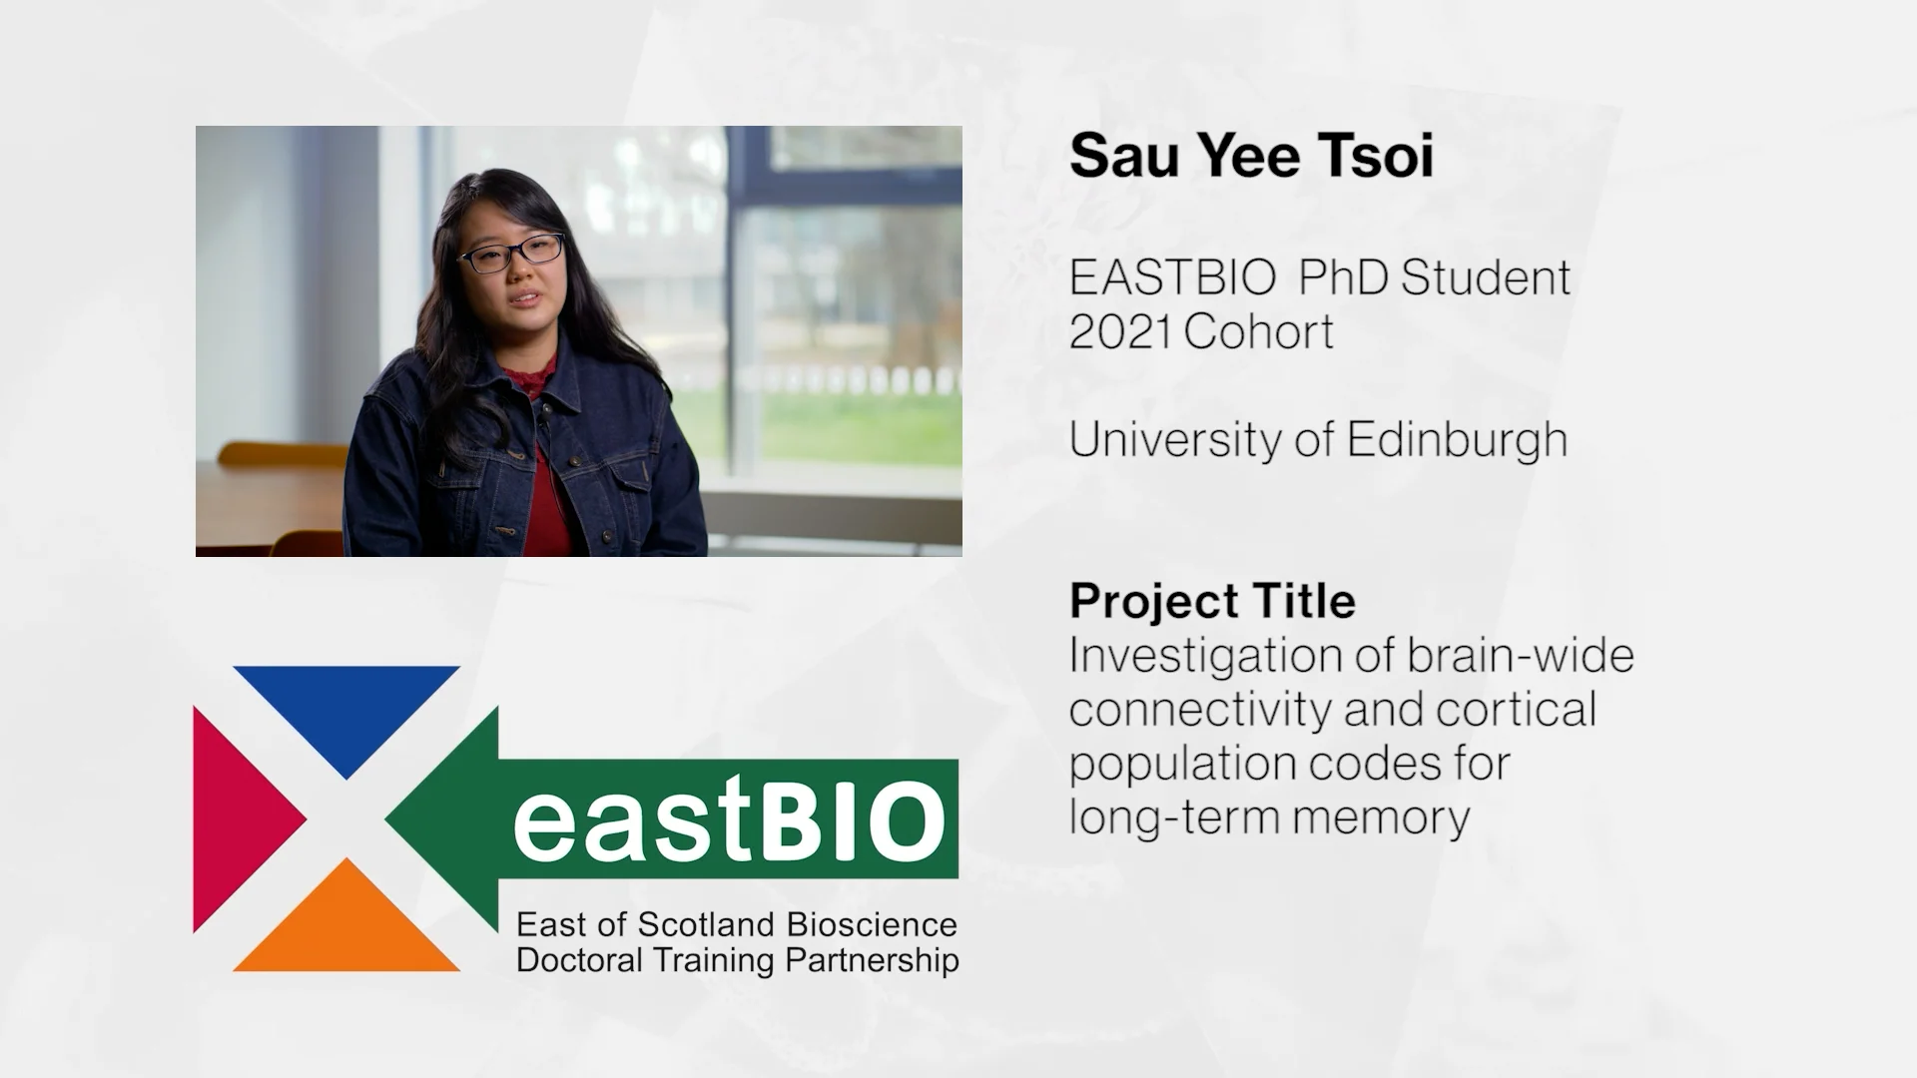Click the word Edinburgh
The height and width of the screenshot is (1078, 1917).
click(1457, 440)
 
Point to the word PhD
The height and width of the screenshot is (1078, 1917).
click(1343, 277)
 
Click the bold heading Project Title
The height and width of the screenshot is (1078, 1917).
click(1212, 601)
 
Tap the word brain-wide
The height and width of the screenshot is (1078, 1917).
click(1521, 656)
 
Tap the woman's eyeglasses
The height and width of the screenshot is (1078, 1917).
click(510, 254)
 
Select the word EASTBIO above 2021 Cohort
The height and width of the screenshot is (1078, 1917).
click(1172, 277)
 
